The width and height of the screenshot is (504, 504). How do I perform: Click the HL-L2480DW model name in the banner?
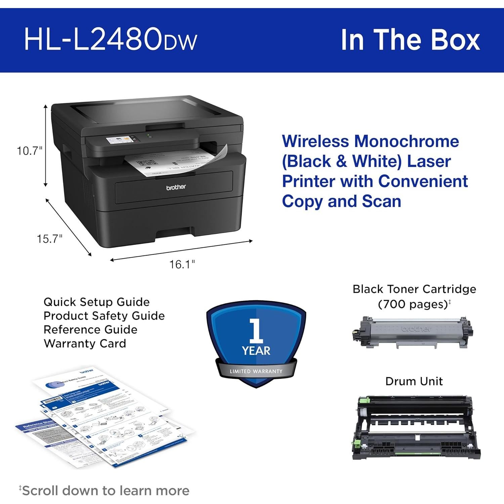pos(110,40)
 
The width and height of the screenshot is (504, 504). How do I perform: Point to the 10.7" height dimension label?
pos(30,151)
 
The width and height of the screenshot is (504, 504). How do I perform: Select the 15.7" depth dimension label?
pos(49,239)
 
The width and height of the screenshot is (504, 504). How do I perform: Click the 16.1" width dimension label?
pos(182,264)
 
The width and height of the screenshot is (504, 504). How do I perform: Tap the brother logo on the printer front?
pos(176,187)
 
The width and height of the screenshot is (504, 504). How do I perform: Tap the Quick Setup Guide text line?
pos(96,302)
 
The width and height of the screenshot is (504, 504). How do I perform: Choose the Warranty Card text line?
pos(85,343)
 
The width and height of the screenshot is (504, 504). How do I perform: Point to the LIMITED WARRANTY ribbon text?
pos(256,371)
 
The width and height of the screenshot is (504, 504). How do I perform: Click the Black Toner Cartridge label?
pos(414,289)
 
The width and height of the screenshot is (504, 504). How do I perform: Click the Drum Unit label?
pos(414,381)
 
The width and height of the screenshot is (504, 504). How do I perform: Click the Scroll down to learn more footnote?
pos(105,491)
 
